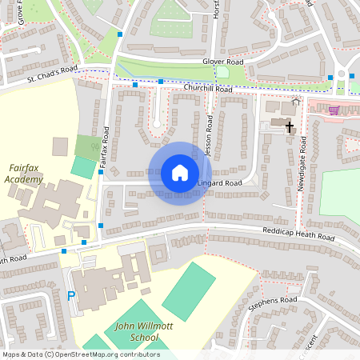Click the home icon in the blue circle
tap(180, 173)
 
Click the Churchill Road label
tap(207, 90)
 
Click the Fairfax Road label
tap(104, 147)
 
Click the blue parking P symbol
tap(71, 295)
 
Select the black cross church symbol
tap(289, 126)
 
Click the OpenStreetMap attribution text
tap(80, 354)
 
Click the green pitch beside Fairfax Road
tap(82, 167)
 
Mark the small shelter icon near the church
tap(296, 101)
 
